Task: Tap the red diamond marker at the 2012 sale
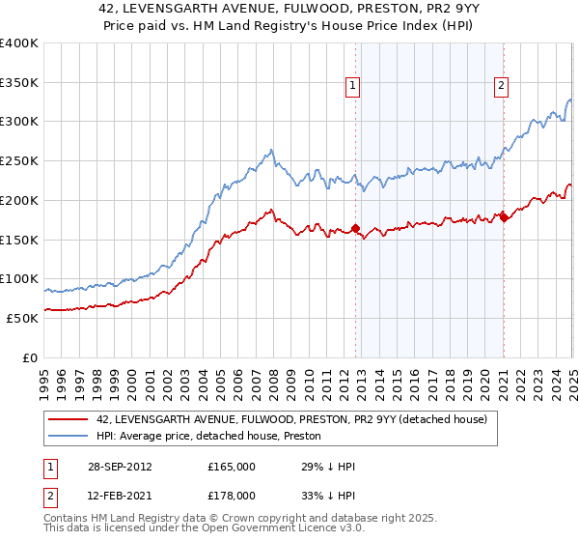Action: (x=356, y=229)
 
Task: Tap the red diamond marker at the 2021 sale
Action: (x=504, y=218)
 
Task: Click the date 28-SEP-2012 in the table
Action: (x=119, y=468)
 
